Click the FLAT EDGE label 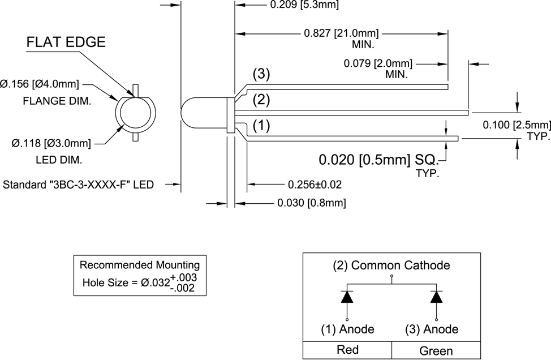pos(66,42)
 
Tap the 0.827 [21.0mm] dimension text pos(341,33)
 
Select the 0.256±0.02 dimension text pos(315,185)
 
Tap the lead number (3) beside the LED pos(261,74)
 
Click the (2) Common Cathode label pos(392,265)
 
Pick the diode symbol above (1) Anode pos(347,297)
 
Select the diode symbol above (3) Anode pos(436,297)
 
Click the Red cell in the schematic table pos(347,350)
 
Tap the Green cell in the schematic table pos(436,351)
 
